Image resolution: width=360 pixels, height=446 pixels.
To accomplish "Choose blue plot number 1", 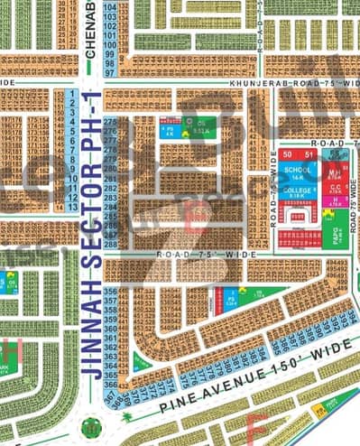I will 70,94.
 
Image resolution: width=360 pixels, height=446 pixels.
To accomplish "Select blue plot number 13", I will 70,206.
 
